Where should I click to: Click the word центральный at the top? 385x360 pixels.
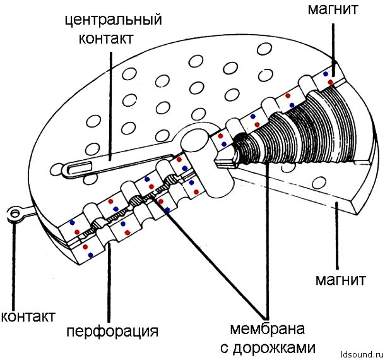coord(113,20)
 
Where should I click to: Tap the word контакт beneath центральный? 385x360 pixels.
coord(106,38)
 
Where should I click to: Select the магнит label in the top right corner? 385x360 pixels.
coord(334,9)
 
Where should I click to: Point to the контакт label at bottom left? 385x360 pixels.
coord(28,315)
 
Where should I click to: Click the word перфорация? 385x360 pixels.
coord(112,331)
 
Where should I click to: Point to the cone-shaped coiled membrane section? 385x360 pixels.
coord(297,126)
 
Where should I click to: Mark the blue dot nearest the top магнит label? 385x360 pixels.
coord(326,74)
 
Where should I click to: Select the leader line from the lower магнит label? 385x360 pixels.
coord(337,240)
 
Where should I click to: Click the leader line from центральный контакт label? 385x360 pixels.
coord(110,101)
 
